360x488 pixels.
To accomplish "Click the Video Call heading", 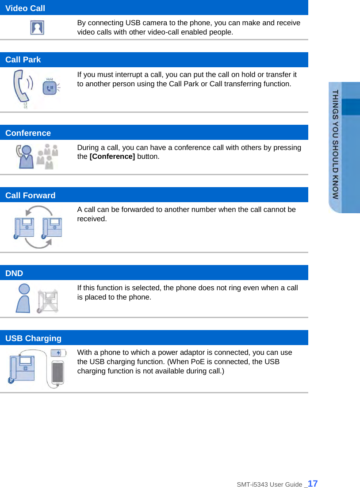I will tap(25, 8).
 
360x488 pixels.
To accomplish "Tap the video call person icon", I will tap(37, 27).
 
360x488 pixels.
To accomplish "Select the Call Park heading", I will tap(23, 60).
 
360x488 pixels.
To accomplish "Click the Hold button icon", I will tap(50, 87).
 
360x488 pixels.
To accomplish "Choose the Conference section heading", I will tap(28, 133).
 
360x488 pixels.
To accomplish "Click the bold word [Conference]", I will tap(112, 157).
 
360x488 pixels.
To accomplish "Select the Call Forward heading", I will tap(31, 196).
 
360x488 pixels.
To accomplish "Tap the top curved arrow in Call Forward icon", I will tap(38, 211).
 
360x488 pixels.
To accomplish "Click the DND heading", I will tap(14, 273).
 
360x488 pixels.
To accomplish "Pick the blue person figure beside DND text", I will tap(23, 298).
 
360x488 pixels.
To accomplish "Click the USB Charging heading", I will tap(34, 338).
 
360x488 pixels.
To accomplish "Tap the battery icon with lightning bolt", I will tap(58, 353).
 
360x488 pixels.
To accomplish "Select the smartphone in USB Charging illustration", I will tap(58, 373).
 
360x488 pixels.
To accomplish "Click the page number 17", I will tap(312, 484).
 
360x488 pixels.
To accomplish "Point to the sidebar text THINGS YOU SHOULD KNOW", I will tap(336, 144).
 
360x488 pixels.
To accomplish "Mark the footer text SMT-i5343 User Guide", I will tap(270, 484).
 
